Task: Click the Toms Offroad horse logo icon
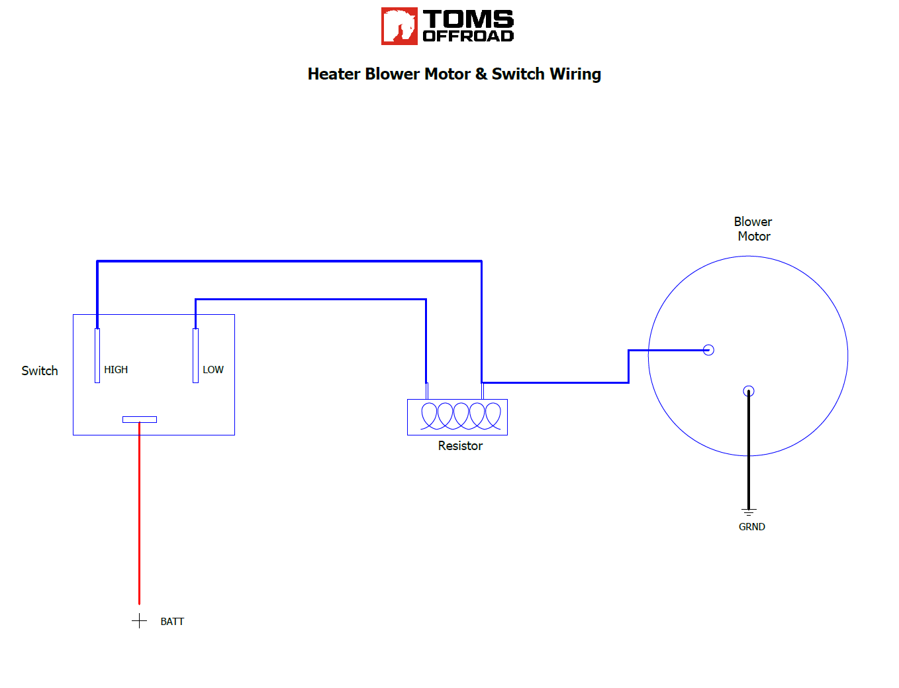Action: (399, 26)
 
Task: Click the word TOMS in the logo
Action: (468, 19)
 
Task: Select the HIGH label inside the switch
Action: (116, 370)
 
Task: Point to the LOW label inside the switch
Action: (213, 370)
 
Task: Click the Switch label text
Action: (40, 371)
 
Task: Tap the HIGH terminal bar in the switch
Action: (97, 355)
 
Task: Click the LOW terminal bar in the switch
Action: (195, 355)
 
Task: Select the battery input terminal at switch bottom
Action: (140, 420)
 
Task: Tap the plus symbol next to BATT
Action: (139, 621)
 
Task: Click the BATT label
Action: (172, 622)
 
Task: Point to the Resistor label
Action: (460, 446)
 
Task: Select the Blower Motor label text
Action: (753, 229)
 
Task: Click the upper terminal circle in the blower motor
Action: (708, 350)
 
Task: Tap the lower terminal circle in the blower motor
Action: (749, 391)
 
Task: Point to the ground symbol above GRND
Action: (749, 512)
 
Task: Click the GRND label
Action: (752, 527)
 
